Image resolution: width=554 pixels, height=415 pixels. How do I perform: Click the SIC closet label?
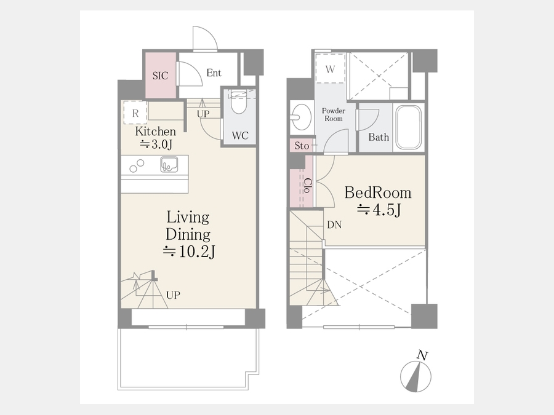[161, 76]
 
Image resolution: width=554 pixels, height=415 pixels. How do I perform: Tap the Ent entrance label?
[214, 73]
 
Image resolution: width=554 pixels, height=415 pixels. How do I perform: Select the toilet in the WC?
[238, 102]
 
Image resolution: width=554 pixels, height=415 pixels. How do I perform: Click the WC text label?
[240, 135]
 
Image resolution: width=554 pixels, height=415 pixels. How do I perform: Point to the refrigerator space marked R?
[135, 113]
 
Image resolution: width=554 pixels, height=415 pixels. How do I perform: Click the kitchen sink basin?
[169, 164]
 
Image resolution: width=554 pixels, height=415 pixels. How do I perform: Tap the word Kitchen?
[156, 132]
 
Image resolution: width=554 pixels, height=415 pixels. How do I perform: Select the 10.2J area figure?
[190, 251]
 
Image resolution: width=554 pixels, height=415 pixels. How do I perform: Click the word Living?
[188, 218]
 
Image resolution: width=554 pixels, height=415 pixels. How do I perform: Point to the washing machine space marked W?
[330, 68]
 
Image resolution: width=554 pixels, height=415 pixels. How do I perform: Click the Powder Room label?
[334, 115]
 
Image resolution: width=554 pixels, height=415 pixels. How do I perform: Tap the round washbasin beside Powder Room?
[301, 117]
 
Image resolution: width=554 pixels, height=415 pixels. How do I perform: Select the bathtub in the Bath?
[409, 127]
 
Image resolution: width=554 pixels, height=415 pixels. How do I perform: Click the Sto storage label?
[302, 145]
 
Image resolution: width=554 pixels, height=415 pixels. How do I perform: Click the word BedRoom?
[378, 192]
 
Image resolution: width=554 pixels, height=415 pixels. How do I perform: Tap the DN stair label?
[334, 224]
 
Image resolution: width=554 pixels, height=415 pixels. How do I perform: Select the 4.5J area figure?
[379, 210]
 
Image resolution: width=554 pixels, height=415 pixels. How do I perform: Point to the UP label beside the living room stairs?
[173, 295]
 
